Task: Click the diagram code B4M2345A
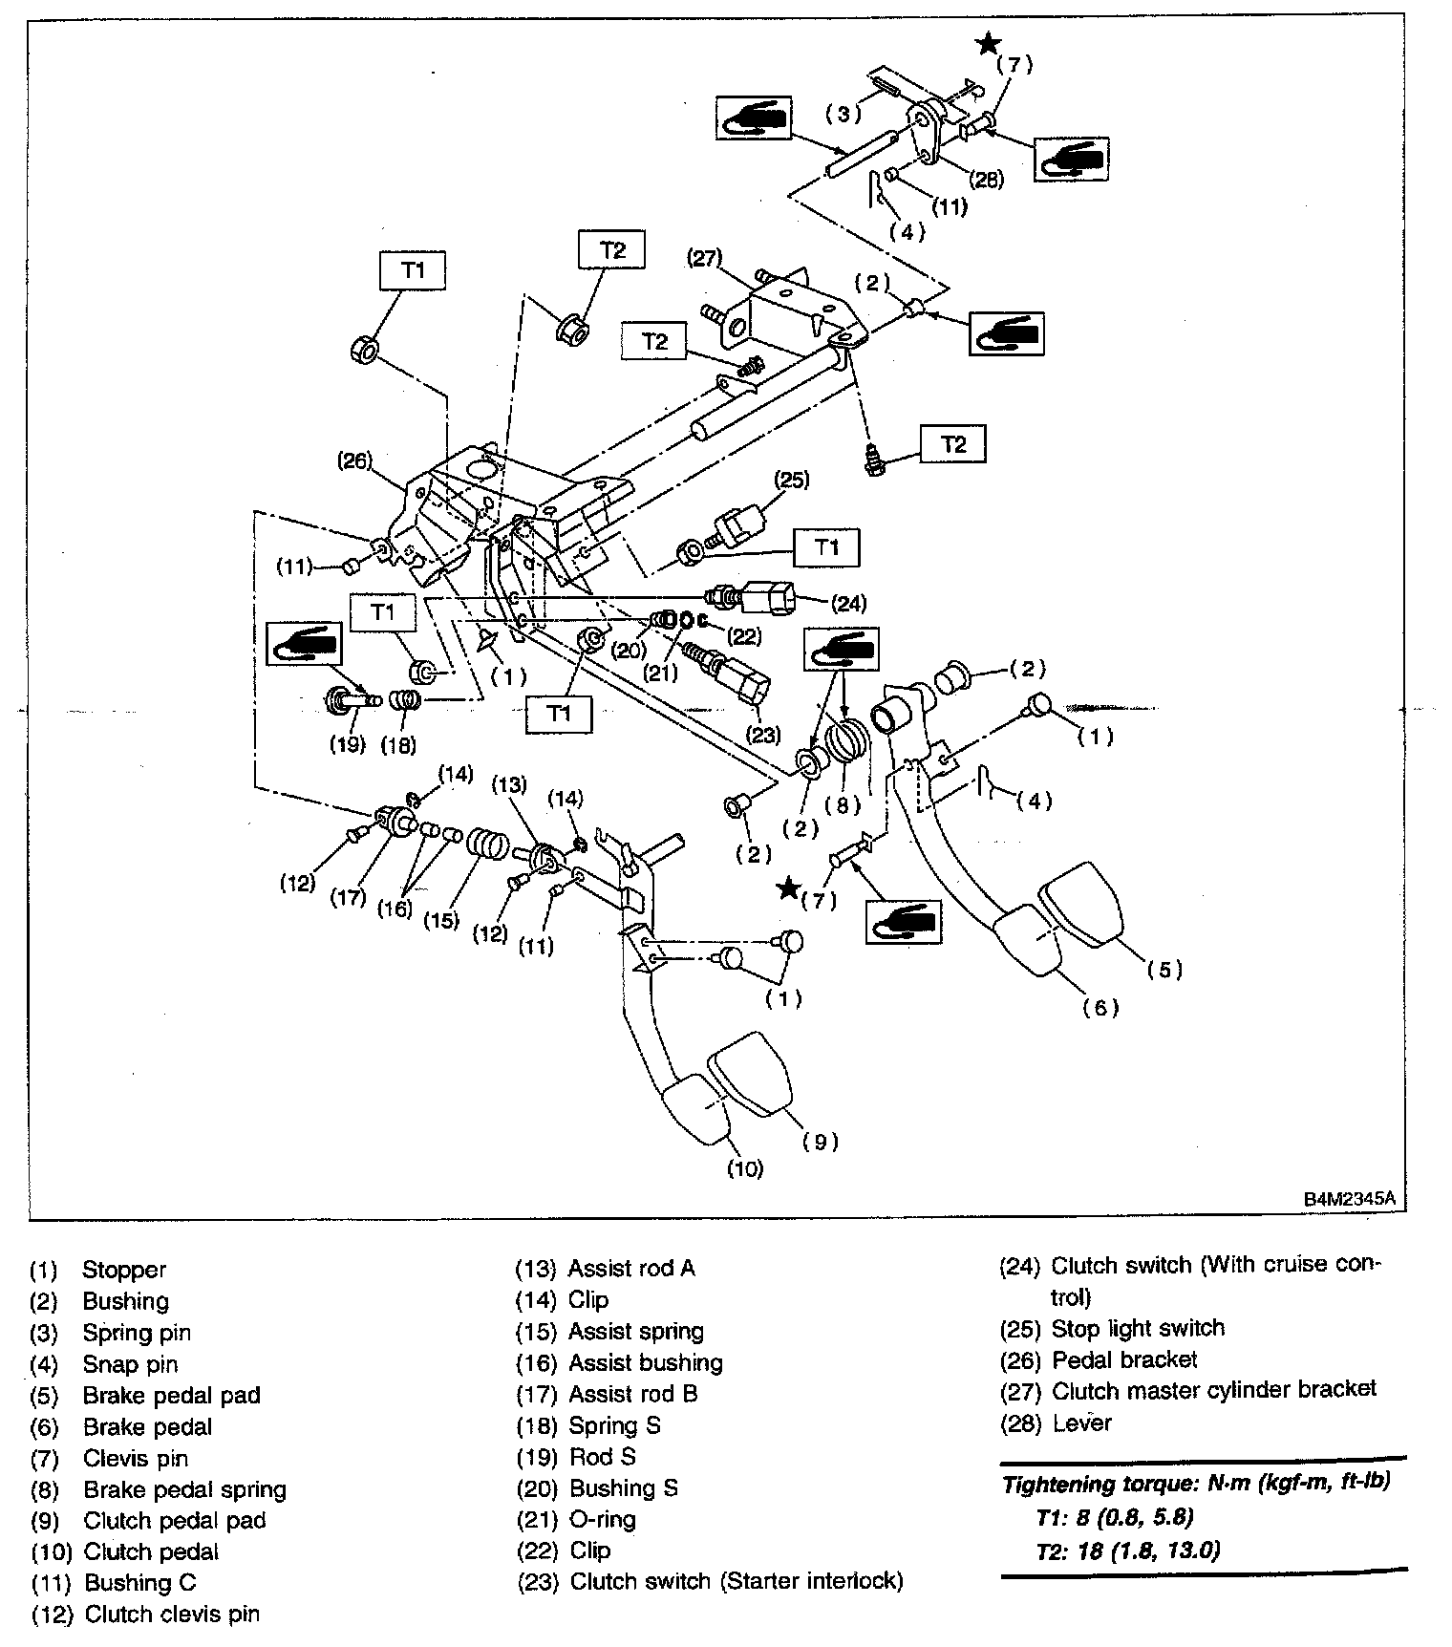(x=1356, y=1198)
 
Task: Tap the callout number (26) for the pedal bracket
(x=353, y=460)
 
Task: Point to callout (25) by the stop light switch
(x=792, y=480)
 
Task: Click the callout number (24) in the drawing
(x=848, y=603)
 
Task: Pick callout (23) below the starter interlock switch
(x=761, y=735)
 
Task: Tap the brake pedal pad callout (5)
(x=1164, y=970)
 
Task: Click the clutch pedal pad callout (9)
(x=821, y=1141)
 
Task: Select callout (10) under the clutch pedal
(x=744, y=1167)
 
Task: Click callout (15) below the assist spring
(x=441, y=920)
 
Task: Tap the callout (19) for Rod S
(x=348, y=743)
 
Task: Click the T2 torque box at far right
(x=953, y=444)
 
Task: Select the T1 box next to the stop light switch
(x=826, y=547)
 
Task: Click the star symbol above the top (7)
(x=988, y=43)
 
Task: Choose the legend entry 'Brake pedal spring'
(x=184, y=1489)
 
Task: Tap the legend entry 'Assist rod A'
(x=631, y=1268)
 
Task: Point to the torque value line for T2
(x=1127, y=1550)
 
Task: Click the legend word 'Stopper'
(x=124, y=1270)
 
